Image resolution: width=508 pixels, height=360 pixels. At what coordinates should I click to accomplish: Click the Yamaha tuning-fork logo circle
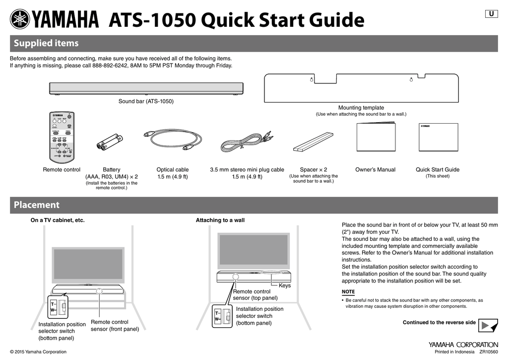20,20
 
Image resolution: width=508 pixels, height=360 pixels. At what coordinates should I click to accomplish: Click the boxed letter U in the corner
491,14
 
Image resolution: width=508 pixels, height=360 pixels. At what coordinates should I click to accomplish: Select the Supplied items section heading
46,43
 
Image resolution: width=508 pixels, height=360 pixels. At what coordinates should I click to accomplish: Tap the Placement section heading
36,205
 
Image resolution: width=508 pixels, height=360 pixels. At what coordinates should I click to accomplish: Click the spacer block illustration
313,141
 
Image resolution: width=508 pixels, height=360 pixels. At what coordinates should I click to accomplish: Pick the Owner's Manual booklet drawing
376,137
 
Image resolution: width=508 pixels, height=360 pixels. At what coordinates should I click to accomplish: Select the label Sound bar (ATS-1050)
146,101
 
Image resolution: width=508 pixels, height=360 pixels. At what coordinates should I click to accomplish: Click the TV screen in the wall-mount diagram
253,252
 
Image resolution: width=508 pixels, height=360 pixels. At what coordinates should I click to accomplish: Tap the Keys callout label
285,286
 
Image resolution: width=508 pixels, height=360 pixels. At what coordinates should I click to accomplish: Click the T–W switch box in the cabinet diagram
59,306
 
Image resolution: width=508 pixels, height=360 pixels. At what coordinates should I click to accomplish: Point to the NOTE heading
348,292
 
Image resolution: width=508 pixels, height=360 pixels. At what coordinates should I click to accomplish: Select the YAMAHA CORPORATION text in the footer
463,344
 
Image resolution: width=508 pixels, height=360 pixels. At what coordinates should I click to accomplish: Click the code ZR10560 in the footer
488,352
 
